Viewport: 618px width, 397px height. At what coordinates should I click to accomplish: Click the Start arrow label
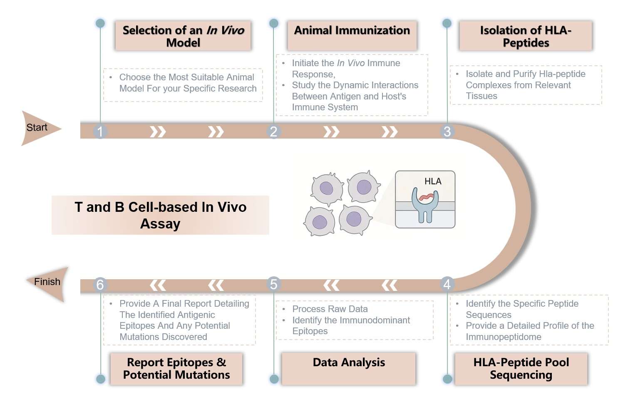coord(37,128)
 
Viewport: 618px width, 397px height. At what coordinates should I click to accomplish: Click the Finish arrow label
coord(47,282)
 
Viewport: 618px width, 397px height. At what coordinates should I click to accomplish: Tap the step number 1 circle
coord(100,132)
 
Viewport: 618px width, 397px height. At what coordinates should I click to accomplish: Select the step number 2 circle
coord(273,132)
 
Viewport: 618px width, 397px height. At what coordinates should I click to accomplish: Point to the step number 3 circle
coord(447,132)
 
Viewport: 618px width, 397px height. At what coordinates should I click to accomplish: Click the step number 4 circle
coord(447,284)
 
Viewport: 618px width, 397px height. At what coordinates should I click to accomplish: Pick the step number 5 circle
coord(273,284)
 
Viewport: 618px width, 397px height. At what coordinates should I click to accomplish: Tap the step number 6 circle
coord(100,285)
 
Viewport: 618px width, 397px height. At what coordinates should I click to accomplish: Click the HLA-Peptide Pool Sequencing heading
coord(521,368)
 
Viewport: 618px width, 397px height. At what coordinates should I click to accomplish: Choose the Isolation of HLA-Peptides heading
coord(526,36)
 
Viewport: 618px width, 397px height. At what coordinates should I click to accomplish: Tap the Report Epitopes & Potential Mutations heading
coord(176,368)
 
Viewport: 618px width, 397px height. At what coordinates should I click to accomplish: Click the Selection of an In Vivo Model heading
coord(183,36)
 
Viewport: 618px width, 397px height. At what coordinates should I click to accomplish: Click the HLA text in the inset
coord(433,181)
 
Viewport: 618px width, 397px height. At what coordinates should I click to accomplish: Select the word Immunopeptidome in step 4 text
coord(504,337)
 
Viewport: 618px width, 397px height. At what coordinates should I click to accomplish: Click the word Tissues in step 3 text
coord(481,96)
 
